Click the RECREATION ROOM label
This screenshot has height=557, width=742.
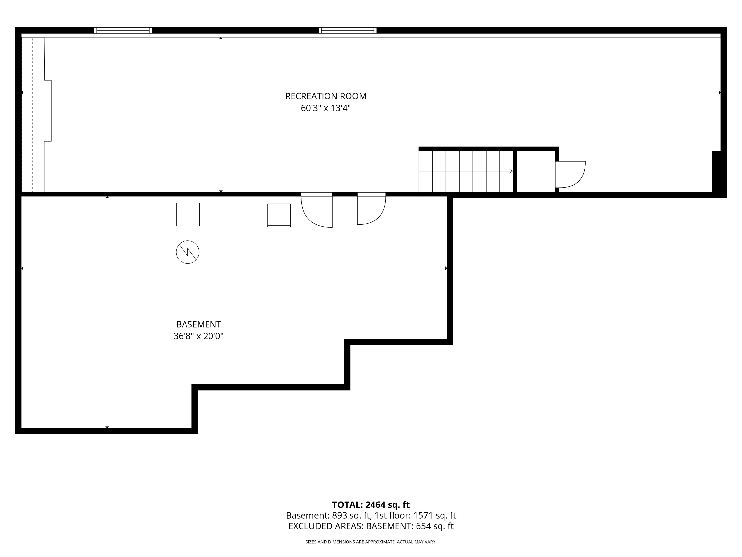click(326, 96)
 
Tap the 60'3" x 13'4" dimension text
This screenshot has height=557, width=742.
click(326, 108)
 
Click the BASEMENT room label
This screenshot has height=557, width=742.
click(199, 324)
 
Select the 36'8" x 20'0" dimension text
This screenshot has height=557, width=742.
click(199, 336)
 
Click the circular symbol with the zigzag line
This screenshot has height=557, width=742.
click(187, 252)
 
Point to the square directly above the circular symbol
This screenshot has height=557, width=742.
click(188, 214)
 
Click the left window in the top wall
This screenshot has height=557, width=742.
click(123, 30)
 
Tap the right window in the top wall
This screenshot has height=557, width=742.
click(348, 30)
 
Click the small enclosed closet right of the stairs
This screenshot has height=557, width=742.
click(536, 171)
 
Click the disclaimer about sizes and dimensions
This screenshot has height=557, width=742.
click(371, 542)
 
